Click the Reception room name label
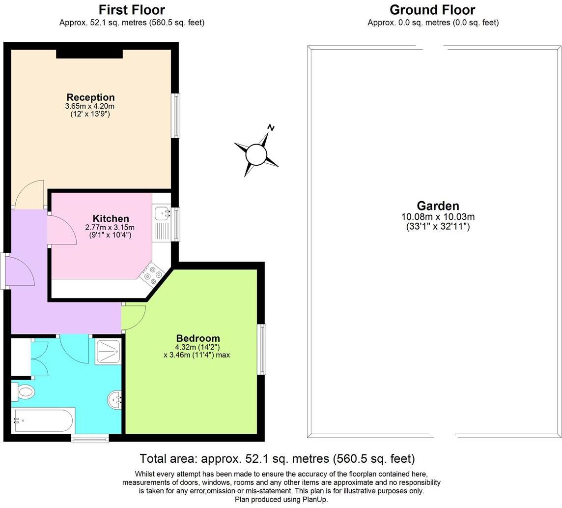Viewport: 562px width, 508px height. pos(91,97)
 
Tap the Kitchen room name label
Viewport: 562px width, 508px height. pos(111,218)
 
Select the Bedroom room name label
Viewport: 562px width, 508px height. pos(198,338)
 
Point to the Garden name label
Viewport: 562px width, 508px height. pos(438,206)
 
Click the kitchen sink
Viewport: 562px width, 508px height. pos(163,214)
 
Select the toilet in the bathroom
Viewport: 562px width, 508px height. pos(23,391)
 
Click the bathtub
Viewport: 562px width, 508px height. pos(43,420)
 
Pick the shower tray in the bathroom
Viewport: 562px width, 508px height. pos(108,352)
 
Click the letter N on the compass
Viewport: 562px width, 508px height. pos(271,128)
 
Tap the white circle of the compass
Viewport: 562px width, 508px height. pos(256,155)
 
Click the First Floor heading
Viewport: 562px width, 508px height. pos(132,10)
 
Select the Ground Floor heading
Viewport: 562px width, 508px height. pos(433,10)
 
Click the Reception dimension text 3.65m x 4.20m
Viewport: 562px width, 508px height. pos(90,106)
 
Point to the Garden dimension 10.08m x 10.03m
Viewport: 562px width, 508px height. pos(438,217)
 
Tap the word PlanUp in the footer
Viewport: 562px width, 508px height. pos(315,499)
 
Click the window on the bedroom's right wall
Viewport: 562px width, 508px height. pos(262,349)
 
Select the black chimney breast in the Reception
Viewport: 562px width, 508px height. pos(89,54)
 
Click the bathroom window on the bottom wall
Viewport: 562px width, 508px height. pos(89,438)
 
